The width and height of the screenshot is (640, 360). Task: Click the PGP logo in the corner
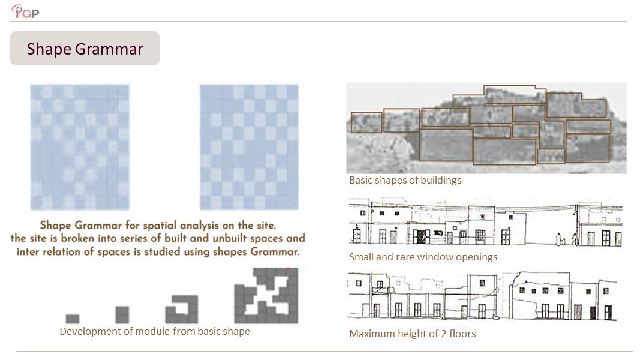25,11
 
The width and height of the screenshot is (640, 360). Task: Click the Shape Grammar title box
85,49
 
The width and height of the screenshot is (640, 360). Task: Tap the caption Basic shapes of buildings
405,181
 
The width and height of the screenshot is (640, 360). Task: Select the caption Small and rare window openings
423,257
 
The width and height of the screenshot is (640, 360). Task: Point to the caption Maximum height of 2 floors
413,334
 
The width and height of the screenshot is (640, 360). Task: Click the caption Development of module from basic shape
155,331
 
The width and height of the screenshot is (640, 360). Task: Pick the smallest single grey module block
73,319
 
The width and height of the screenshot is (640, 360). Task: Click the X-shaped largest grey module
266,296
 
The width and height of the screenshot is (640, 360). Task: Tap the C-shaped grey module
182,310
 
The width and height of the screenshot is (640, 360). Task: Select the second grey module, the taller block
122,315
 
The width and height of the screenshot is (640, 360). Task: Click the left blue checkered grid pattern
80,148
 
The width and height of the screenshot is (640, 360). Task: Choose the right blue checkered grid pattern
249,148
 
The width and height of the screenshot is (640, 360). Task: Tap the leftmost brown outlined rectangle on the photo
366,122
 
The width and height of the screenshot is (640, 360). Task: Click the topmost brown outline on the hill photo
510,95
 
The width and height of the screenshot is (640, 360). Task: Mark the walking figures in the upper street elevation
567,239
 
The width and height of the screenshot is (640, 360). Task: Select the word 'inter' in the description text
28,252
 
